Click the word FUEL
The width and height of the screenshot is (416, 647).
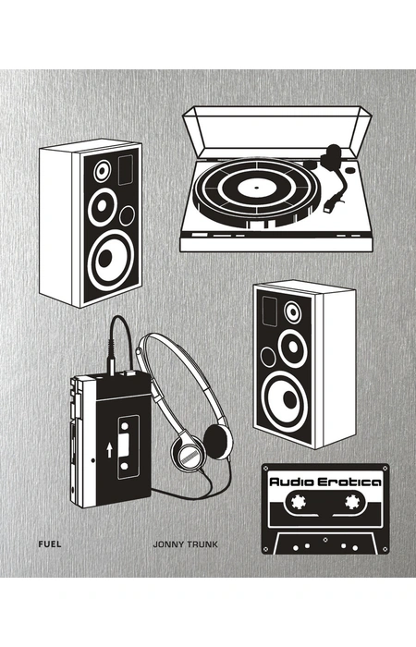pos(50,543)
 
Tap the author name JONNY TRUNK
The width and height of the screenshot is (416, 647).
pos(185,544)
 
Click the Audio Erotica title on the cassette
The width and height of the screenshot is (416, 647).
pos(325,482)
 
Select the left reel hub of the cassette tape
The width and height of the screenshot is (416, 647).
pos(298,501)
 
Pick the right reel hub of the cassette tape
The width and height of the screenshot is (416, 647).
pos(352,501)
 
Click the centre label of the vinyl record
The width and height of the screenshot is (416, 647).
pos(256,189)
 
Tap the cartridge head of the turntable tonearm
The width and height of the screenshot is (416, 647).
pos(331,205)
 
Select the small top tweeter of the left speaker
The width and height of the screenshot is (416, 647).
pos(102,171)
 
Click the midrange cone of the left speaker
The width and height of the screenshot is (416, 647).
pos(103,207)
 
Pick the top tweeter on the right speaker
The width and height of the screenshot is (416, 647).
pos(293,312)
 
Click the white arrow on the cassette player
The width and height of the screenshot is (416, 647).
pos(109,450)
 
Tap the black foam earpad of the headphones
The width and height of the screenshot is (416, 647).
pos(218,442)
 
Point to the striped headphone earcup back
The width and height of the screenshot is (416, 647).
pos(188,455)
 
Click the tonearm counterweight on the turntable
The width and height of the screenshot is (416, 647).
pos(332,155)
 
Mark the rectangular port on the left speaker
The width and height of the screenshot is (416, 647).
pos(126,169)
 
